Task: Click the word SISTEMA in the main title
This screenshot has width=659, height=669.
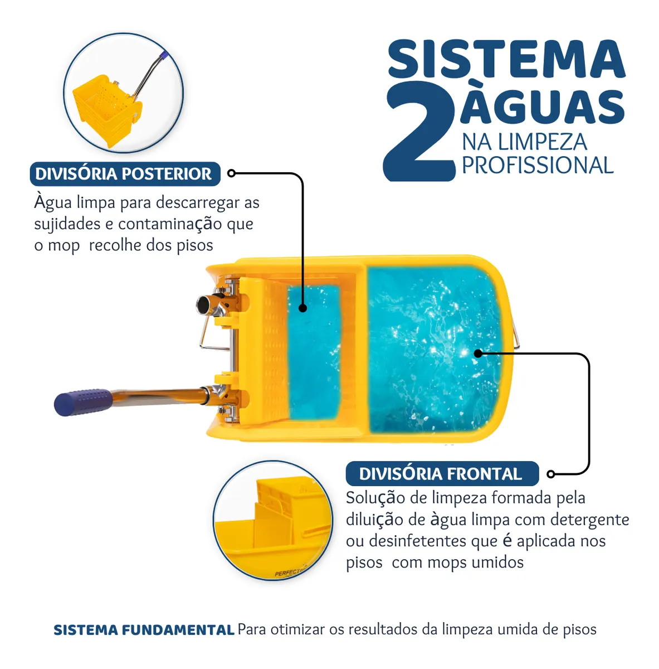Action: point(507,59)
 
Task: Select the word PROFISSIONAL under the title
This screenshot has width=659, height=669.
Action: point(538,165)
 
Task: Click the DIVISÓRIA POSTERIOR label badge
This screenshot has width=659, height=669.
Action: point(125,174)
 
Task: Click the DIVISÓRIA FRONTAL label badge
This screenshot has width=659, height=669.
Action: point(442,474)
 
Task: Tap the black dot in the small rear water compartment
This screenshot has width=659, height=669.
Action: point(302,308)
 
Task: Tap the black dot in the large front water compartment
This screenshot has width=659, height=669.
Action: point(478,354)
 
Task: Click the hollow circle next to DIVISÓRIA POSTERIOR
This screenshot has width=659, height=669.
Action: point(232,173)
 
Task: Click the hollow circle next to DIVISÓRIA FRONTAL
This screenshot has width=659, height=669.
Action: point(551,474)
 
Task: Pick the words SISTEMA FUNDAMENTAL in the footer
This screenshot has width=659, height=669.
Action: point(144,630)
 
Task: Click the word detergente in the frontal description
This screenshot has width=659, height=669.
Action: point(589,520)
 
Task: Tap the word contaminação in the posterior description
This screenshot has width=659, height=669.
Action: point(170,224)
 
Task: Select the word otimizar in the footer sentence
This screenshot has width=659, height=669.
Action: point(297,630)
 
